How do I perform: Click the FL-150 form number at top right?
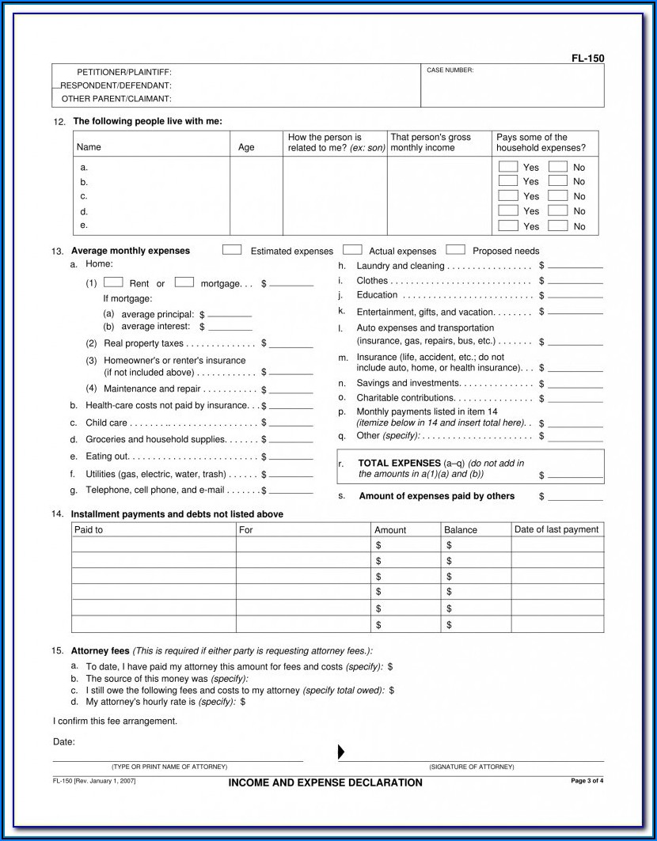pos(588,58)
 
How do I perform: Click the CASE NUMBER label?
pos(450,70)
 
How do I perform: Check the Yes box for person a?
pos(508,167)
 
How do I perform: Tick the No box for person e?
pos(557,225)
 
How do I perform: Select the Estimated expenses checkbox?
pos(232,250)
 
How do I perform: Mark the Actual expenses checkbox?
pos(352,250)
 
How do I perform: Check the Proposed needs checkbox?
pos(455,250)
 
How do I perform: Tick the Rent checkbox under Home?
pos(113,282)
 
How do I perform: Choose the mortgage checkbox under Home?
pos(184,282)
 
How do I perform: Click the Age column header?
pos(246,147)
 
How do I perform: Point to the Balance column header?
pos(461,530)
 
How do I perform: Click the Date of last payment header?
pos(556,529)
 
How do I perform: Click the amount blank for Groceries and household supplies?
pos(291,441)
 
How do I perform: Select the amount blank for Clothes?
pos(575,282)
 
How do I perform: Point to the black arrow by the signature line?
pos(342,752)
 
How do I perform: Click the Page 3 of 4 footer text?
pos(587,781)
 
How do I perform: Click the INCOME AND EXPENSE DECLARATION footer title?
pos(325,782)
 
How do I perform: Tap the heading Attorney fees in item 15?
pos(100,650)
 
